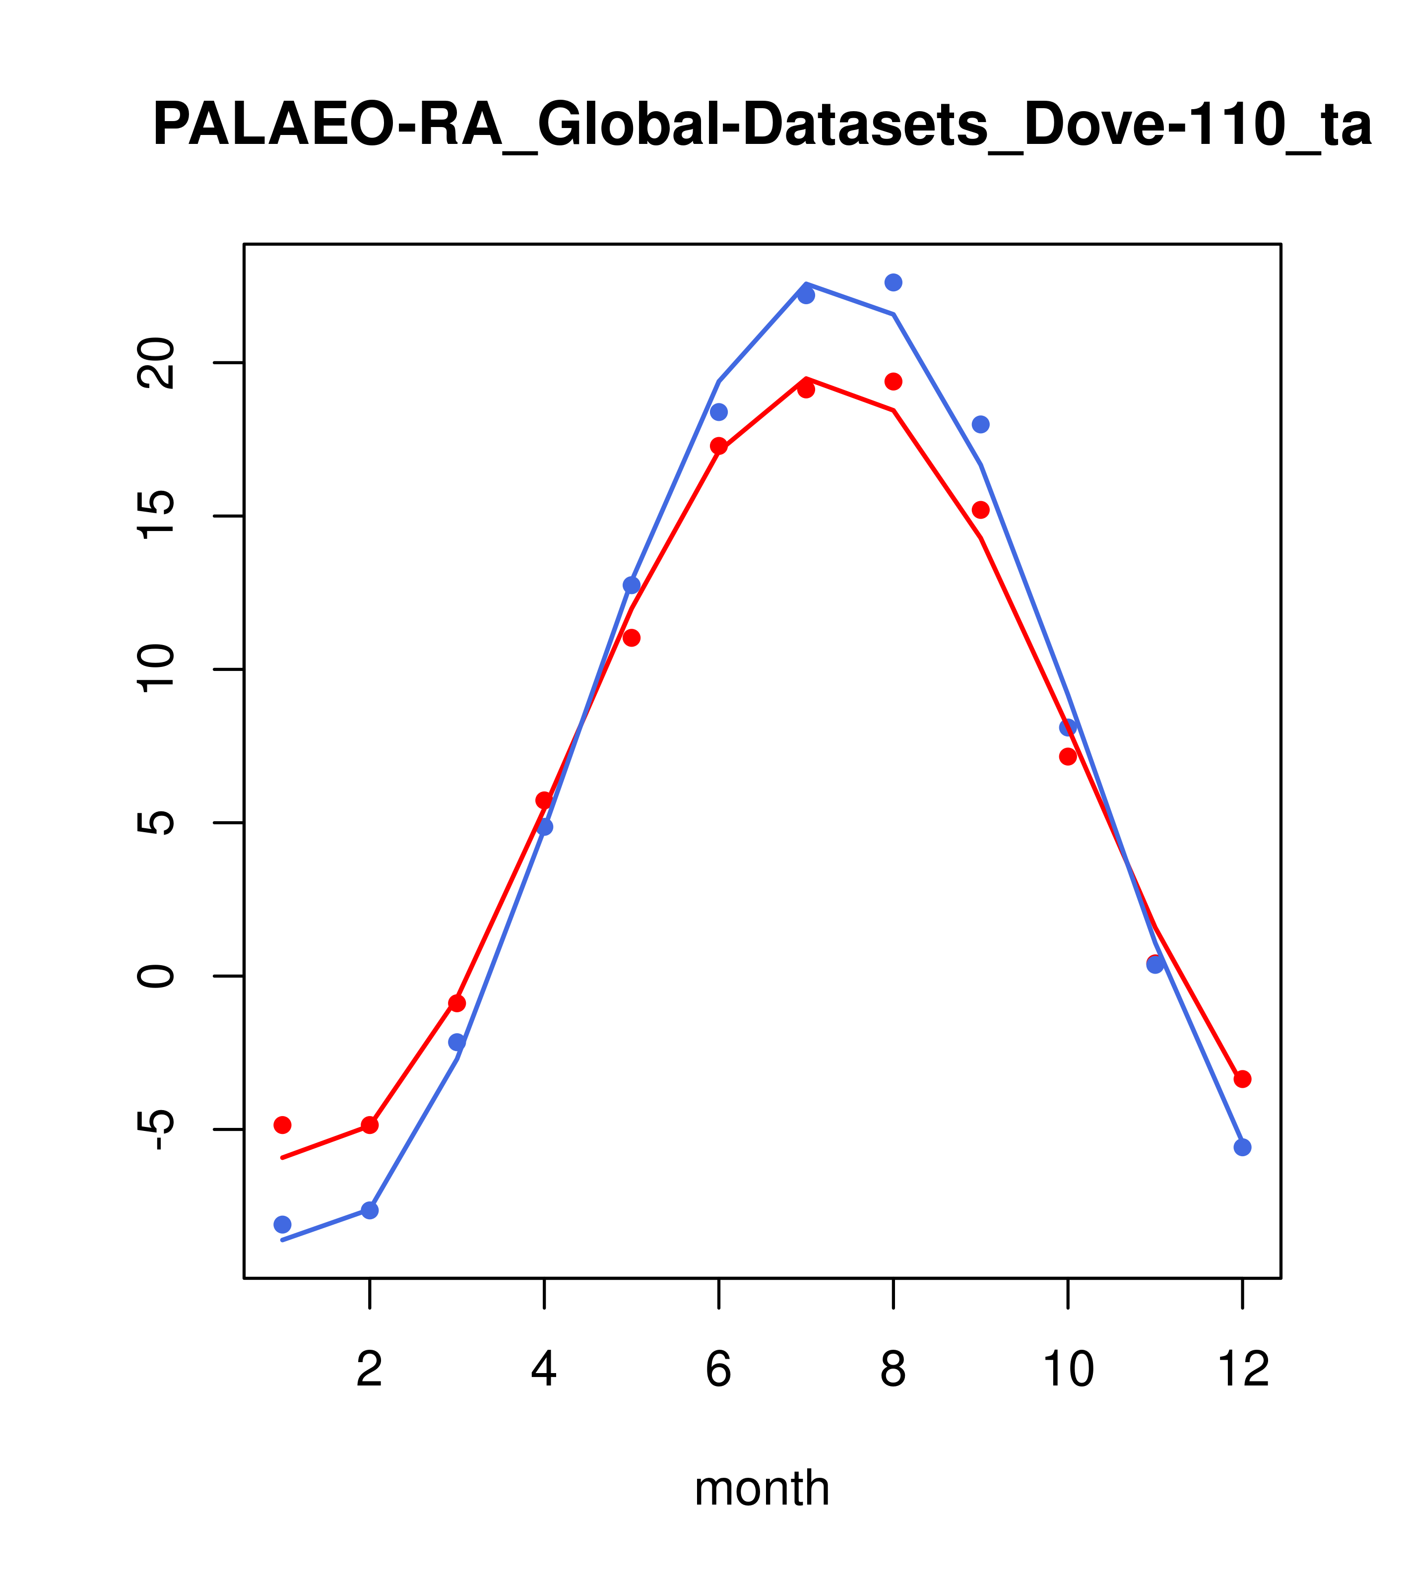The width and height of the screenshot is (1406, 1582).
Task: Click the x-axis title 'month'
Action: (x=762, y=1488)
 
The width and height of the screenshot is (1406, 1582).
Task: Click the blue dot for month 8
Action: (x=893, y=282)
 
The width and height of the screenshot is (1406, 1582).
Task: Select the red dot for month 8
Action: (x=893, y=382)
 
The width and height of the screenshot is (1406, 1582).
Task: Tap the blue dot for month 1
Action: (x=282, y=1224)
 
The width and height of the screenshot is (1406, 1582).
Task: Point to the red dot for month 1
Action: (x=282, y=1124)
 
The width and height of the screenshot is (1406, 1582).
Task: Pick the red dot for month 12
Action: (x=1243, y=1079)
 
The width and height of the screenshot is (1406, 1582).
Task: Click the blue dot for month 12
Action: (x=1243, y=1147)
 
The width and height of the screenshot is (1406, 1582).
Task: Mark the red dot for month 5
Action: (x=632, y=638)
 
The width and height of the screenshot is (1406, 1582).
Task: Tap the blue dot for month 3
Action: (x=457, y=1043)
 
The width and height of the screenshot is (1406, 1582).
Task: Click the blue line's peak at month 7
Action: (x=806, y=285)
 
